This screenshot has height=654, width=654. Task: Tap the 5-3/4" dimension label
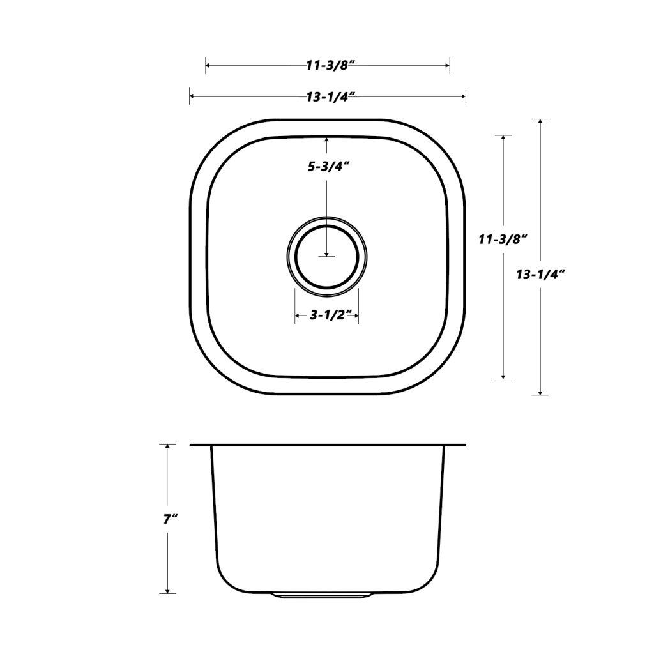[x=328, y=167]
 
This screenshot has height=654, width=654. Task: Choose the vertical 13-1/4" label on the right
[x=540, y=275]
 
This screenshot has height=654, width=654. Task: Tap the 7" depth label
[x=170, y=520]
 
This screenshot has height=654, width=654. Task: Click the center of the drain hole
[x=327, y=257]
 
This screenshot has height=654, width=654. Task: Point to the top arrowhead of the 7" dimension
[x=167, y=446]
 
